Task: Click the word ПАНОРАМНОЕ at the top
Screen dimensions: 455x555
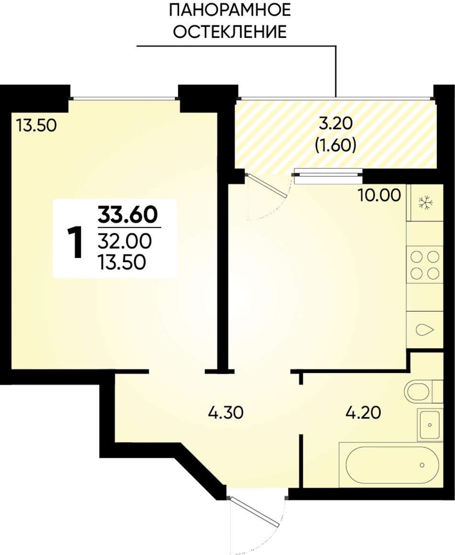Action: click(x=229, y=10)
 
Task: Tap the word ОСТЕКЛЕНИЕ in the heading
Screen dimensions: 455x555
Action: click(x=231, y=32)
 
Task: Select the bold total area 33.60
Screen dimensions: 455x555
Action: click(x=127, y=215)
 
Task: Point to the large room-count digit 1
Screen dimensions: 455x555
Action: click(x=75, y=243)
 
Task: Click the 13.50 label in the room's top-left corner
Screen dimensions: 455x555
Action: click(x=36, y=125)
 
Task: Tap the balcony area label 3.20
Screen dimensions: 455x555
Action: click(x=335, y=123)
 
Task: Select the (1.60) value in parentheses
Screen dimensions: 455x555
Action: click(x=335, y=145)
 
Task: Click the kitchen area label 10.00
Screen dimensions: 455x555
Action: click(x=379, y=195)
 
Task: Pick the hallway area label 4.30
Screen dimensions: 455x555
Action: click(x=225, y=413)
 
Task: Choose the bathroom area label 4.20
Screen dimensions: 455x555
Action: click(x=363, y=412)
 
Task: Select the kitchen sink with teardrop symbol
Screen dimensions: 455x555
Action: click(x=424, y=329)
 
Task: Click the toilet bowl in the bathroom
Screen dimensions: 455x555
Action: click(x=418, y=392)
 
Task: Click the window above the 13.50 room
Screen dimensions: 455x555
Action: click(x=124, y=98)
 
